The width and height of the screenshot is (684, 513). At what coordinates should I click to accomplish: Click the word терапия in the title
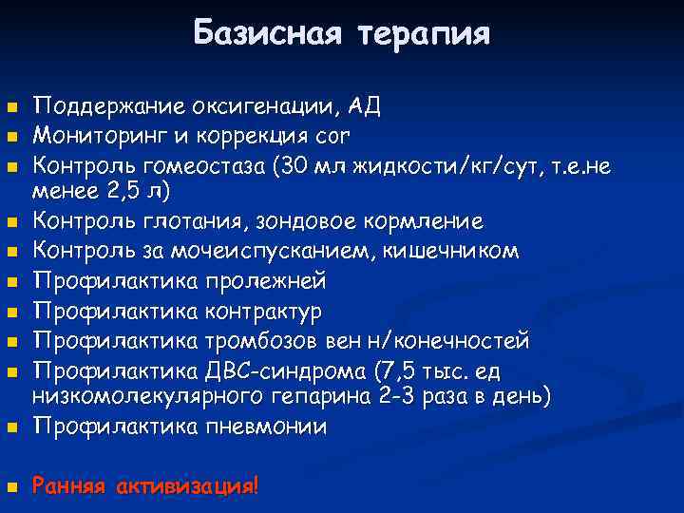click(x=424, y=35)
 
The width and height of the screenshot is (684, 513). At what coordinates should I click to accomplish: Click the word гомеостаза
click(x=210, y=168)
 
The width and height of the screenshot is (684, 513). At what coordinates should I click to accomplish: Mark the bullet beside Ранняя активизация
click(x=10, y=487)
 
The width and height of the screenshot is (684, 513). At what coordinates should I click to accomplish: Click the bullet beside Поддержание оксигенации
click(x=10, y=106)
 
